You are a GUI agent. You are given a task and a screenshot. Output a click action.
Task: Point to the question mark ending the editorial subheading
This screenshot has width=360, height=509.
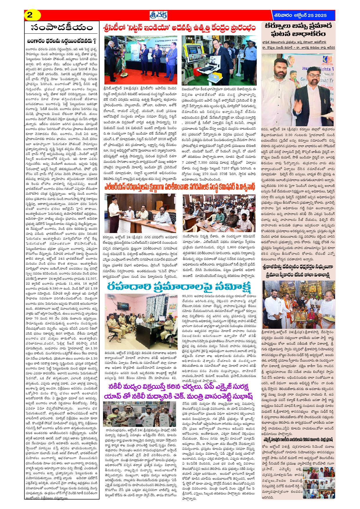click(x=95, y=40)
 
